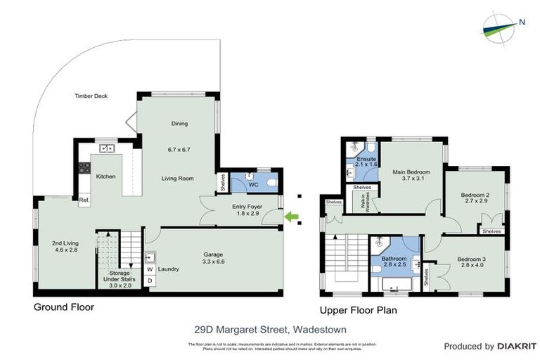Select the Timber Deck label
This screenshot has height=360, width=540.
click(91, 96)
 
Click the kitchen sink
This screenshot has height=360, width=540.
click(108, 148)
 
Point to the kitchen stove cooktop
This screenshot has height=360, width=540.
click(85, 168)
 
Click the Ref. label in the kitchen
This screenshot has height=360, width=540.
click(84, 200)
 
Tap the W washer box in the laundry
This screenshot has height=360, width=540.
click(150, 269)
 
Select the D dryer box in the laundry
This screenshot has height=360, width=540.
click(150, 281)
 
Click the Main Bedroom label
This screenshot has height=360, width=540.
click(411, 175)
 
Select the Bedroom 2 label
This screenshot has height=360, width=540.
click(475, 199)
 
